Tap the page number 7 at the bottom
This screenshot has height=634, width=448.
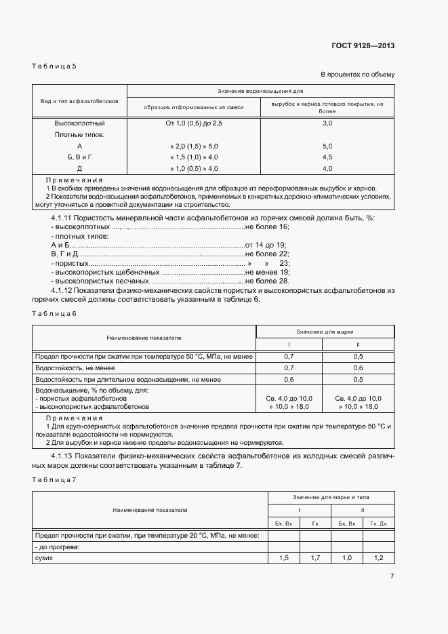click(x=392, y=576)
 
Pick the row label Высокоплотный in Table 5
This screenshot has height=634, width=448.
click(x=79, y=123)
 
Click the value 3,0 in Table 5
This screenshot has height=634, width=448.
click(x=327, y=123)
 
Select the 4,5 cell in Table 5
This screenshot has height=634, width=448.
click(x=327, y=157)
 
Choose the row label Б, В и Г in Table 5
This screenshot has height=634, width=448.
click(x=79, y=157)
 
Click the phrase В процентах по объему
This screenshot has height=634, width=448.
click(x=357, y=74)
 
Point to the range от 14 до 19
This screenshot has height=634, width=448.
click(x=266, y=244)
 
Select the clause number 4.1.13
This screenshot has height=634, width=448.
click(x=63, y=456)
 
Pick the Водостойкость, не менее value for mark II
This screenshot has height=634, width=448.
click(x=358, y=368)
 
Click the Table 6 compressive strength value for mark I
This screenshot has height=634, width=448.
click(x=289, y=356)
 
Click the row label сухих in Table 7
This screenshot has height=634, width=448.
click(x=43, y=557)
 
